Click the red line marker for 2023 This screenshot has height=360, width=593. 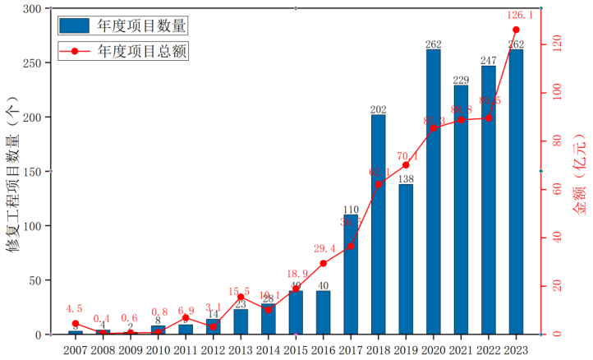tap(516, 30)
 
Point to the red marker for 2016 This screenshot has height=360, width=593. tap(323, 263)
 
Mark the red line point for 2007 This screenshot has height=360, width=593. tap(75, 324)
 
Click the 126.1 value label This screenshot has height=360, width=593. tap(516, 15)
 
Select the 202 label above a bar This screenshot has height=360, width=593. tap(379, 109)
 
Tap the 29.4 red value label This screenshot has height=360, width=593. tap(323, 248)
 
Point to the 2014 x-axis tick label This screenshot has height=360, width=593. tap(269, 349)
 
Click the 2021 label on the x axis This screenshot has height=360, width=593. tap(461, 349)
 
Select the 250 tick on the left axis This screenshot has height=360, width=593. tap(35, 63)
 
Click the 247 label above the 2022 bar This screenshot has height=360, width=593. tap(488, 60)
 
